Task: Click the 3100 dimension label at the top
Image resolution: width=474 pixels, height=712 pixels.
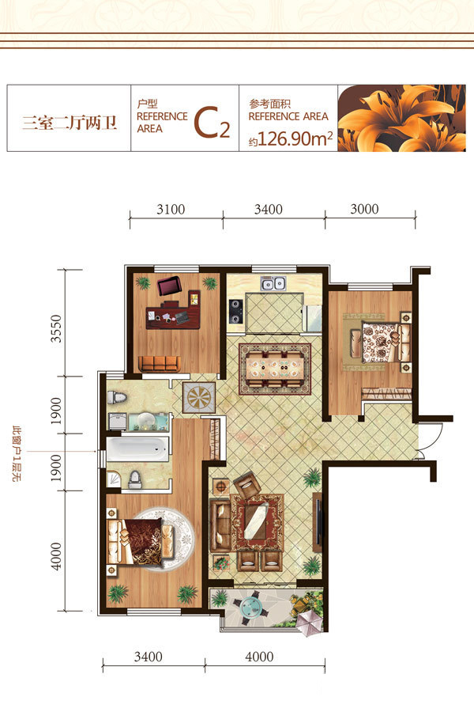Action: pos(171,210)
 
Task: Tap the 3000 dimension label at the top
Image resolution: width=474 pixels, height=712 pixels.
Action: pos(364,209)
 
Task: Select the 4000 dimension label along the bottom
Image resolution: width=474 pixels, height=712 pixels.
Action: pos(259,657)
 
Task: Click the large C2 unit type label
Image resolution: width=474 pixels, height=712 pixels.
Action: pos(212,123)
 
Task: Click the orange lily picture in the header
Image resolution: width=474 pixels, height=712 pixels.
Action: pos(401,118)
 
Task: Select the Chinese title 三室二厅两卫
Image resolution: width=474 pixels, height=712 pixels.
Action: pos(70,123)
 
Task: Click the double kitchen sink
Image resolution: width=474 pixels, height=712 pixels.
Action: pos(273,284)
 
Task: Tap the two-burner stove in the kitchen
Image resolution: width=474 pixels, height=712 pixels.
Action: pos(235,311)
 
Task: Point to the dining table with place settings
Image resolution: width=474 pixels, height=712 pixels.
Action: pos(274,369)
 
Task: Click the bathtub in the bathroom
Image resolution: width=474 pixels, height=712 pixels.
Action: pos(137,449)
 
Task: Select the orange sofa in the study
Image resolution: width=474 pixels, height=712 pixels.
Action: pos(160,364)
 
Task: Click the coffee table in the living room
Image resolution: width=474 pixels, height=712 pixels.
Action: pos(258,521)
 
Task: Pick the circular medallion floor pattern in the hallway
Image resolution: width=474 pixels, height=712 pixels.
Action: pos(199,398)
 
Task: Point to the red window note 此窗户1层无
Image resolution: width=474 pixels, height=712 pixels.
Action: pos(17,453)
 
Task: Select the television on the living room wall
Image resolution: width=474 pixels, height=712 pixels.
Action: pos(319,522)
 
